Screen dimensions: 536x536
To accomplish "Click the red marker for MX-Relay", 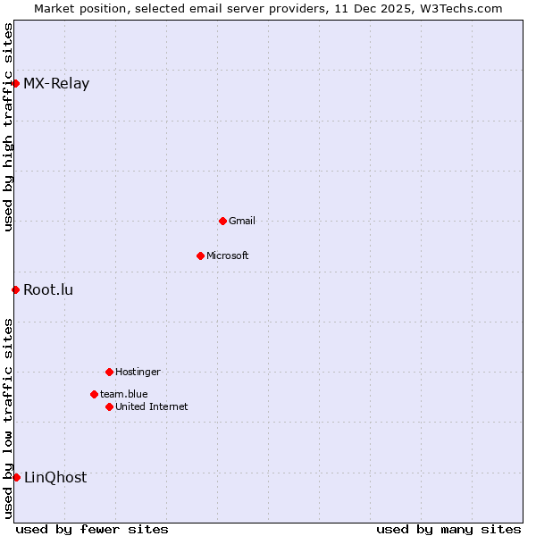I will point(15,83).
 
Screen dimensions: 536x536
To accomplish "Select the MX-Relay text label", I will point(56,84).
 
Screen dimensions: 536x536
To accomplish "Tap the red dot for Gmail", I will point(222,221).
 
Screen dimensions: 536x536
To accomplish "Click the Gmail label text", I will point(242,221).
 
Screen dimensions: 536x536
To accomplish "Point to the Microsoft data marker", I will point(200,255).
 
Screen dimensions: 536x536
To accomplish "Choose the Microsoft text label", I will point(228,255).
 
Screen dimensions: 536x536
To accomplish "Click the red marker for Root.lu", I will point(15,289).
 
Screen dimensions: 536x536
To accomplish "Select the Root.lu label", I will point(48,289).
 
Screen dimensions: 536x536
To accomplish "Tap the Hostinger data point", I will point(109,372).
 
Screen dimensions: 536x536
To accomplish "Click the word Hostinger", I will point(138,372).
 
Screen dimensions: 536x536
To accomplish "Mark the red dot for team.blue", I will point(94,394).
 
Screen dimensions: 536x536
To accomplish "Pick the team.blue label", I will point(124,394).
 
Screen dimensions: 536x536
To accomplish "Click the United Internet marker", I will point(109,406).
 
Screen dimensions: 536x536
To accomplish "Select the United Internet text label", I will point(152,406).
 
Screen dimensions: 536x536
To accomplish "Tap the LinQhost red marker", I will point(16,477).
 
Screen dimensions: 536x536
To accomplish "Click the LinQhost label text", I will point(55,477).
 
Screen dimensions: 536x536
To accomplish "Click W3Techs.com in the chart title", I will point(461,8).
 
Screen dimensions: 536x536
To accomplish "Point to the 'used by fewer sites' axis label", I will point(92,529).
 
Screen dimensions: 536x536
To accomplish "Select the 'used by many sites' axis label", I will point(448,529).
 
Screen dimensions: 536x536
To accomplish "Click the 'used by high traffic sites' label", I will point(8,128).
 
